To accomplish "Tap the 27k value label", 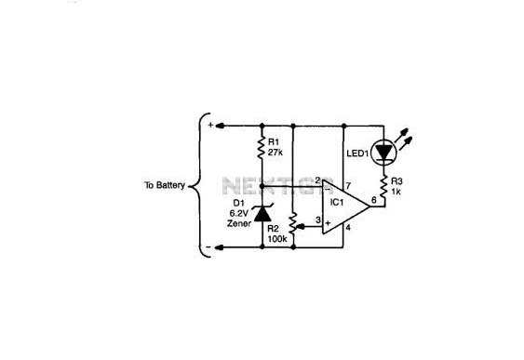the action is click(x=275, y=153).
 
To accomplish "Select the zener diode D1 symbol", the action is click(x=262, y=213).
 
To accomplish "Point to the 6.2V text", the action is click(x=239, y=213).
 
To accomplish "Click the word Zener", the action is click(x=239, y=223).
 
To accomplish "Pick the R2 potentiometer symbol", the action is click(x=294, y=223).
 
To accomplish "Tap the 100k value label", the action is click(x=277, y=239).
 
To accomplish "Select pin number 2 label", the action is click(x=317, y=180).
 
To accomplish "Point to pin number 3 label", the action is click(x=318, y=220).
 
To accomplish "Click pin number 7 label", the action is click(x=348, y=186).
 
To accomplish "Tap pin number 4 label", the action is click(x=348, y=228).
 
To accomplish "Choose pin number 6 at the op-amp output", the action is click(x=373, y=200).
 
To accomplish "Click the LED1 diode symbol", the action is click(x=383, y=153).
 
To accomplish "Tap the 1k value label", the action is click(x=396, y=192).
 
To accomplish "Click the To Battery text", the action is click(x=165, y=185).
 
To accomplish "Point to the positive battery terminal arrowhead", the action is click(x=220, y=126).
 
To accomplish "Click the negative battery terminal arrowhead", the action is click(x=220, y=247).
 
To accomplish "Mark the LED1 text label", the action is click(x=357, y=153).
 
